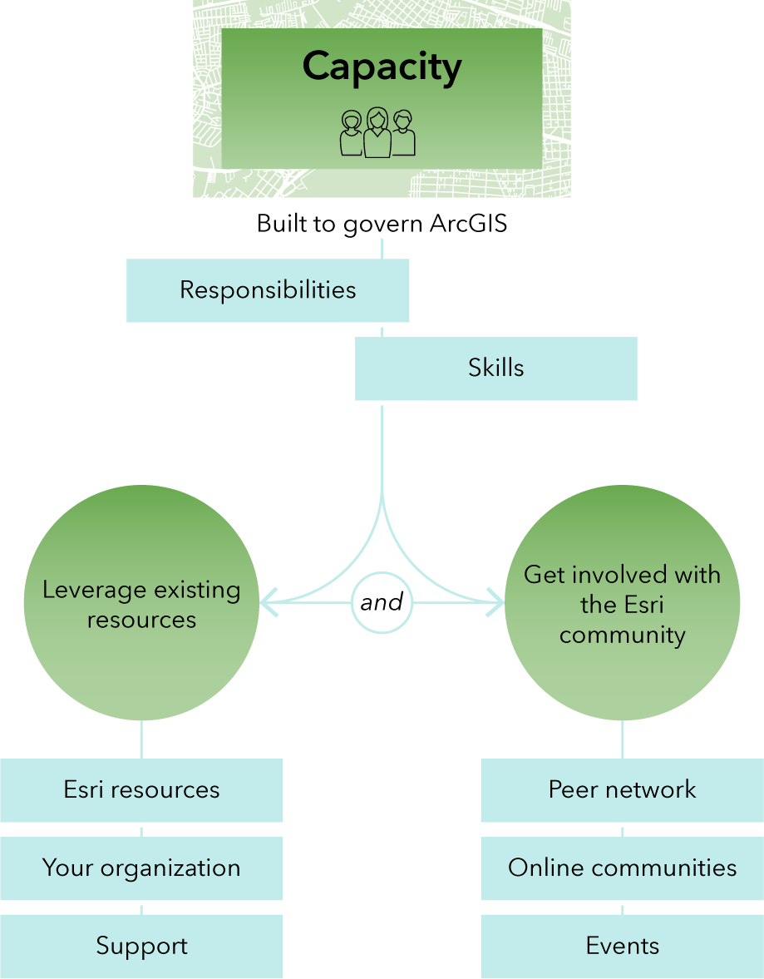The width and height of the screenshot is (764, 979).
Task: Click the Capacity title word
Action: [x=382, y=67]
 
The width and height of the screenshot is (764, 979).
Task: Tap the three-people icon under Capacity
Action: [x=377, y=132]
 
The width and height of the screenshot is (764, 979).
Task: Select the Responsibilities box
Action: [x=268, y=290]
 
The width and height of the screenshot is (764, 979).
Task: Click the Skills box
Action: [x=496, y=368]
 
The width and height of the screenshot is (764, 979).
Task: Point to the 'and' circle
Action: [x=382, y=602]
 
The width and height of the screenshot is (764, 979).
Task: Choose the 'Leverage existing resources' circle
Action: [x=141, y=602]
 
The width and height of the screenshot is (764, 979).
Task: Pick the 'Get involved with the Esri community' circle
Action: [x=623, y=602]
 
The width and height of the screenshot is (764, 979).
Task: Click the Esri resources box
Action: [x=141, y=790]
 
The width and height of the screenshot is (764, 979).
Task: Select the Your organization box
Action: [x=141, y=868]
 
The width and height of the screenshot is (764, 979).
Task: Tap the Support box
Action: [x=141, y=946]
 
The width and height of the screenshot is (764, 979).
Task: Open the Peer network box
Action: [x=623, y=790]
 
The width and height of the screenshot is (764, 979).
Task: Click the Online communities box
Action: [x=623, y=868]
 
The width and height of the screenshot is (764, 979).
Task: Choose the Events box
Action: [x=623, y=946]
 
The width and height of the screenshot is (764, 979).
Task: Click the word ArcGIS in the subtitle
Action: [x=468, y=224]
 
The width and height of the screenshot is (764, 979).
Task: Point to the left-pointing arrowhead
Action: [x=269, y=602]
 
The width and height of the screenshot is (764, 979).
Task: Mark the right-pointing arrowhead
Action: [x=495, y=602]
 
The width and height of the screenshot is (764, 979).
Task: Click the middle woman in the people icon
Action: [x=377, y=132]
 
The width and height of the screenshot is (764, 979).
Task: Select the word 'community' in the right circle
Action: [x=623, y=635]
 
